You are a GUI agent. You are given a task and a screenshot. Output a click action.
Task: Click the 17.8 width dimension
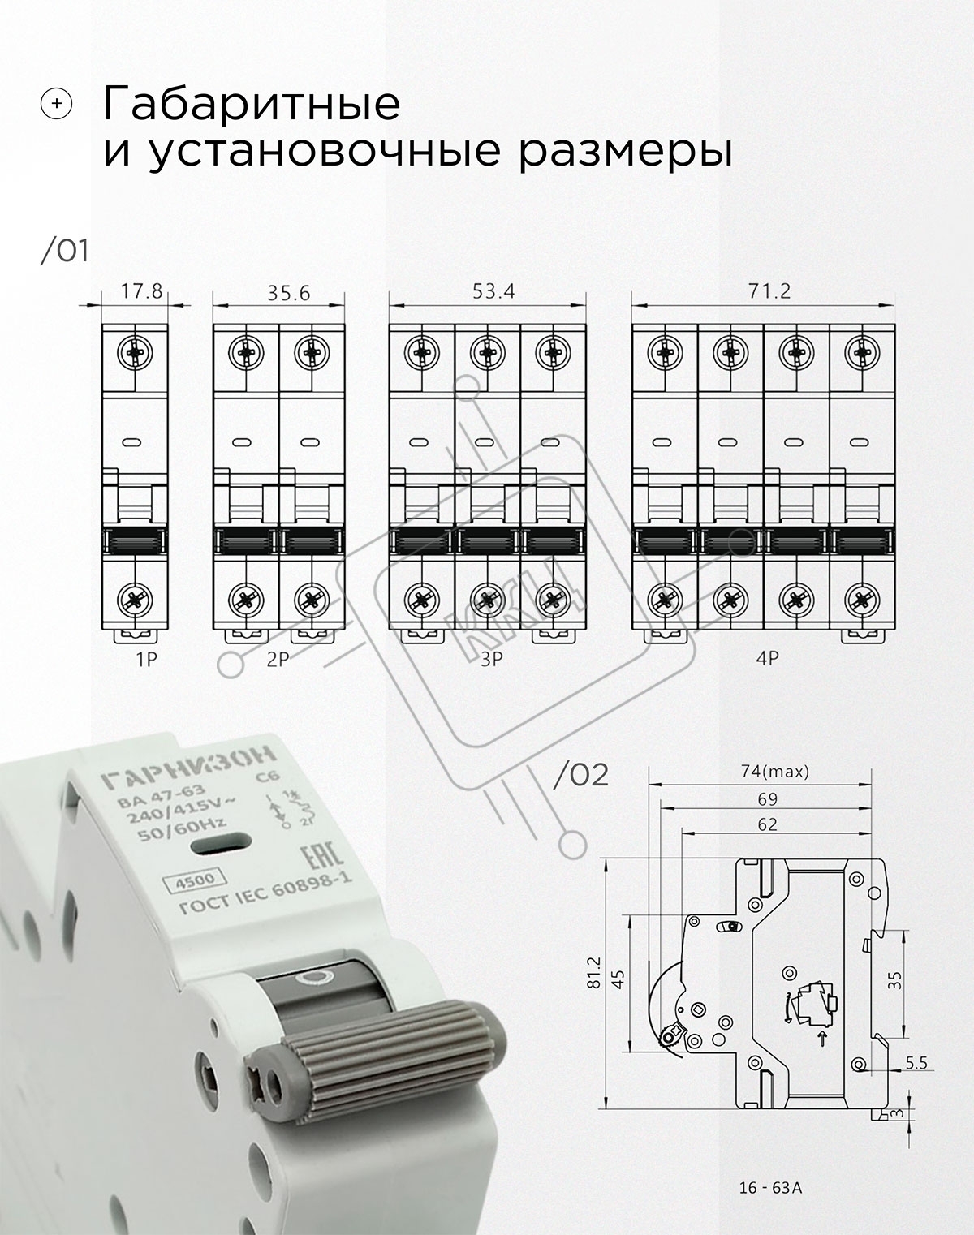tap(141, 291)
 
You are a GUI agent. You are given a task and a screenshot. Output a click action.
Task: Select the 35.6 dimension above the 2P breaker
tap(288, 293)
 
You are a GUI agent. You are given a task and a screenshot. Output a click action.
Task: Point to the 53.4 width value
tap(493, 291)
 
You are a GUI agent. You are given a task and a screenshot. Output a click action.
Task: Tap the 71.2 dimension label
tap(769, 291)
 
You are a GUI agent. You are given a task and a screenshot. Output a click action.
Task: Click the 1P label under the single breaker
tap(146, 660)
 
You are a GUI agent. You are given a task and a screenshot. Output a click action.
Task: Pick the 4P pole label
tap(767, 658)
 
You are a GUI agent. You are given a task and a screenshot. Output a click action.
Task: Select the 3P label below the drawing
tap(491, 660)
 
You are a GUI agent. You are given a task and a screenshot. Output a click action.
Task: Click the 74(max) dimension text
tap(774, 772)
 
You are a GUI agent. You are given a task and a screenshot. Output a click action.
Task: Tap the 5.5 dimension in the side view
tap(916, 1063)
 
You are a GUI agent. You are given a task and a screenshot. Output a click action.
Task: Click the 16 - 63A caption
tap(770, 1188)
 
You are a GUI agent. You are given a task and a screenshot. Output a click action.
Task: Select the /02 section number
tap(580, 775)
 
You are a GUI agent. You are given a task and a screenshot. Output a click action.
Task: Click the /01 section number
tap(64, 252)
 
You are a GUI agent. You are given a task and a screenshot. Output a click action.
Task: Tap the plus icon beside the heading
tap(57, 104)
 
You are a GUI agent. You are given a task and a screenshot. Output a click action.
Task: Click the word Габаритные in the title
tap(252, 105)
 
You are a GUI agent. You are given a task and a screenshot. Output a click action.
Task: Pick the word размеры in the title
tap(625, 152)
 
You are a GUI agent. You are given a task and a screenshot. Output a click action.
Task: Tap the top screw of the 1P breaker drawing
tap(135, 352)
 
